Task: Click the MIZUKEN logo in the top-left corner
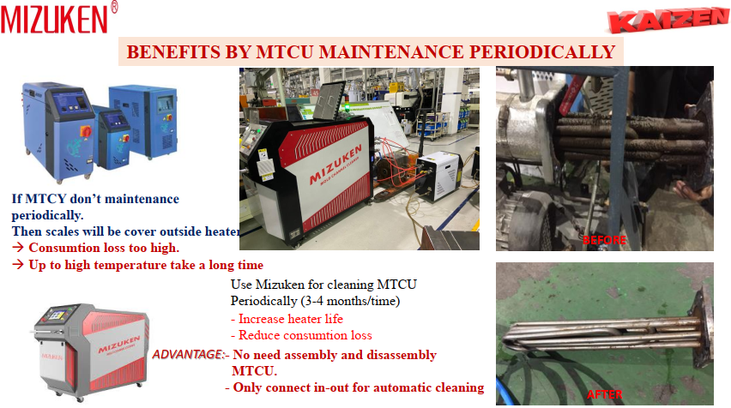click(x=54, y=20)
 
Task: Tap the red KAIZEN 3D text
click(x=668, y=21)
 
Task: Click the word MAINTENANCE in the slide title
click(x=390, y=51)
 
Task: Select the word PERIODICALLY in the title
click(x=541, y=51)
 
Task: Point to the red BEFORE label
click(x=604, y=240)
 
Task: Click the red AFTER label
click(x=604, y=394)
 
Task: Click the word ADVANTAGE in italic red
click(x=188, y=355)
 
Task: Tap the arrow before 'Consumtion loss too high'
click(x=18, y=248)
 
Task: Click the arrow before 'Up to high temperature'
click(x=18, y=265)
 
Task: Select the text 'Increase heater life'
click(x=291, y=319)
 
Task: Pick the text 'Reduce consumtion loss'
click(x=305, y=335)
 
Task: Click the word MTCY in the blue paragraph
click(x=45, y=199)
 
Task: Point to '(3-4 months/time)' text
click(x=350, y=301)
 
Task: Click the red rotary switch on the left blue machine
click(x=86, y=132)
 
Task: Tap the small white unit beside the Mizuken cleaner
click(x=438, y=176)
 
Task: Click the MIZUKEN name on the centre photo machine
click(x=335, y=165)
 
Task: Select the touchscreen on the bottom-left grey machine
click(x=57, y=315)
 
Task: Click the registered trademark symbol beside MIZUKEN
click(x=114, y=7)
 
